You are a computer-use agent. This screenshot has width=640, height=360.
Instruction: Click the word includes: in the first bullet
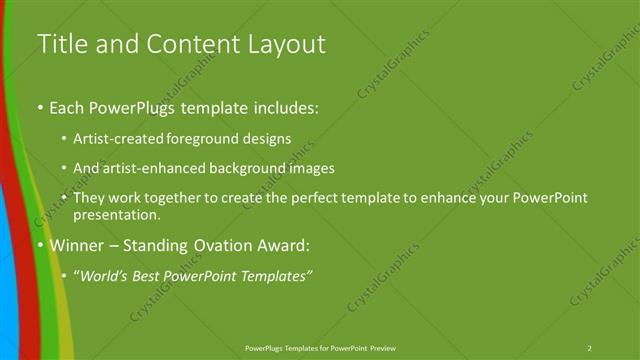284,107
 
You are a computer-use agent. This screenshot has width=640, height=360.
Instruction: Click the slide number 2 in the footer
590,348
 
